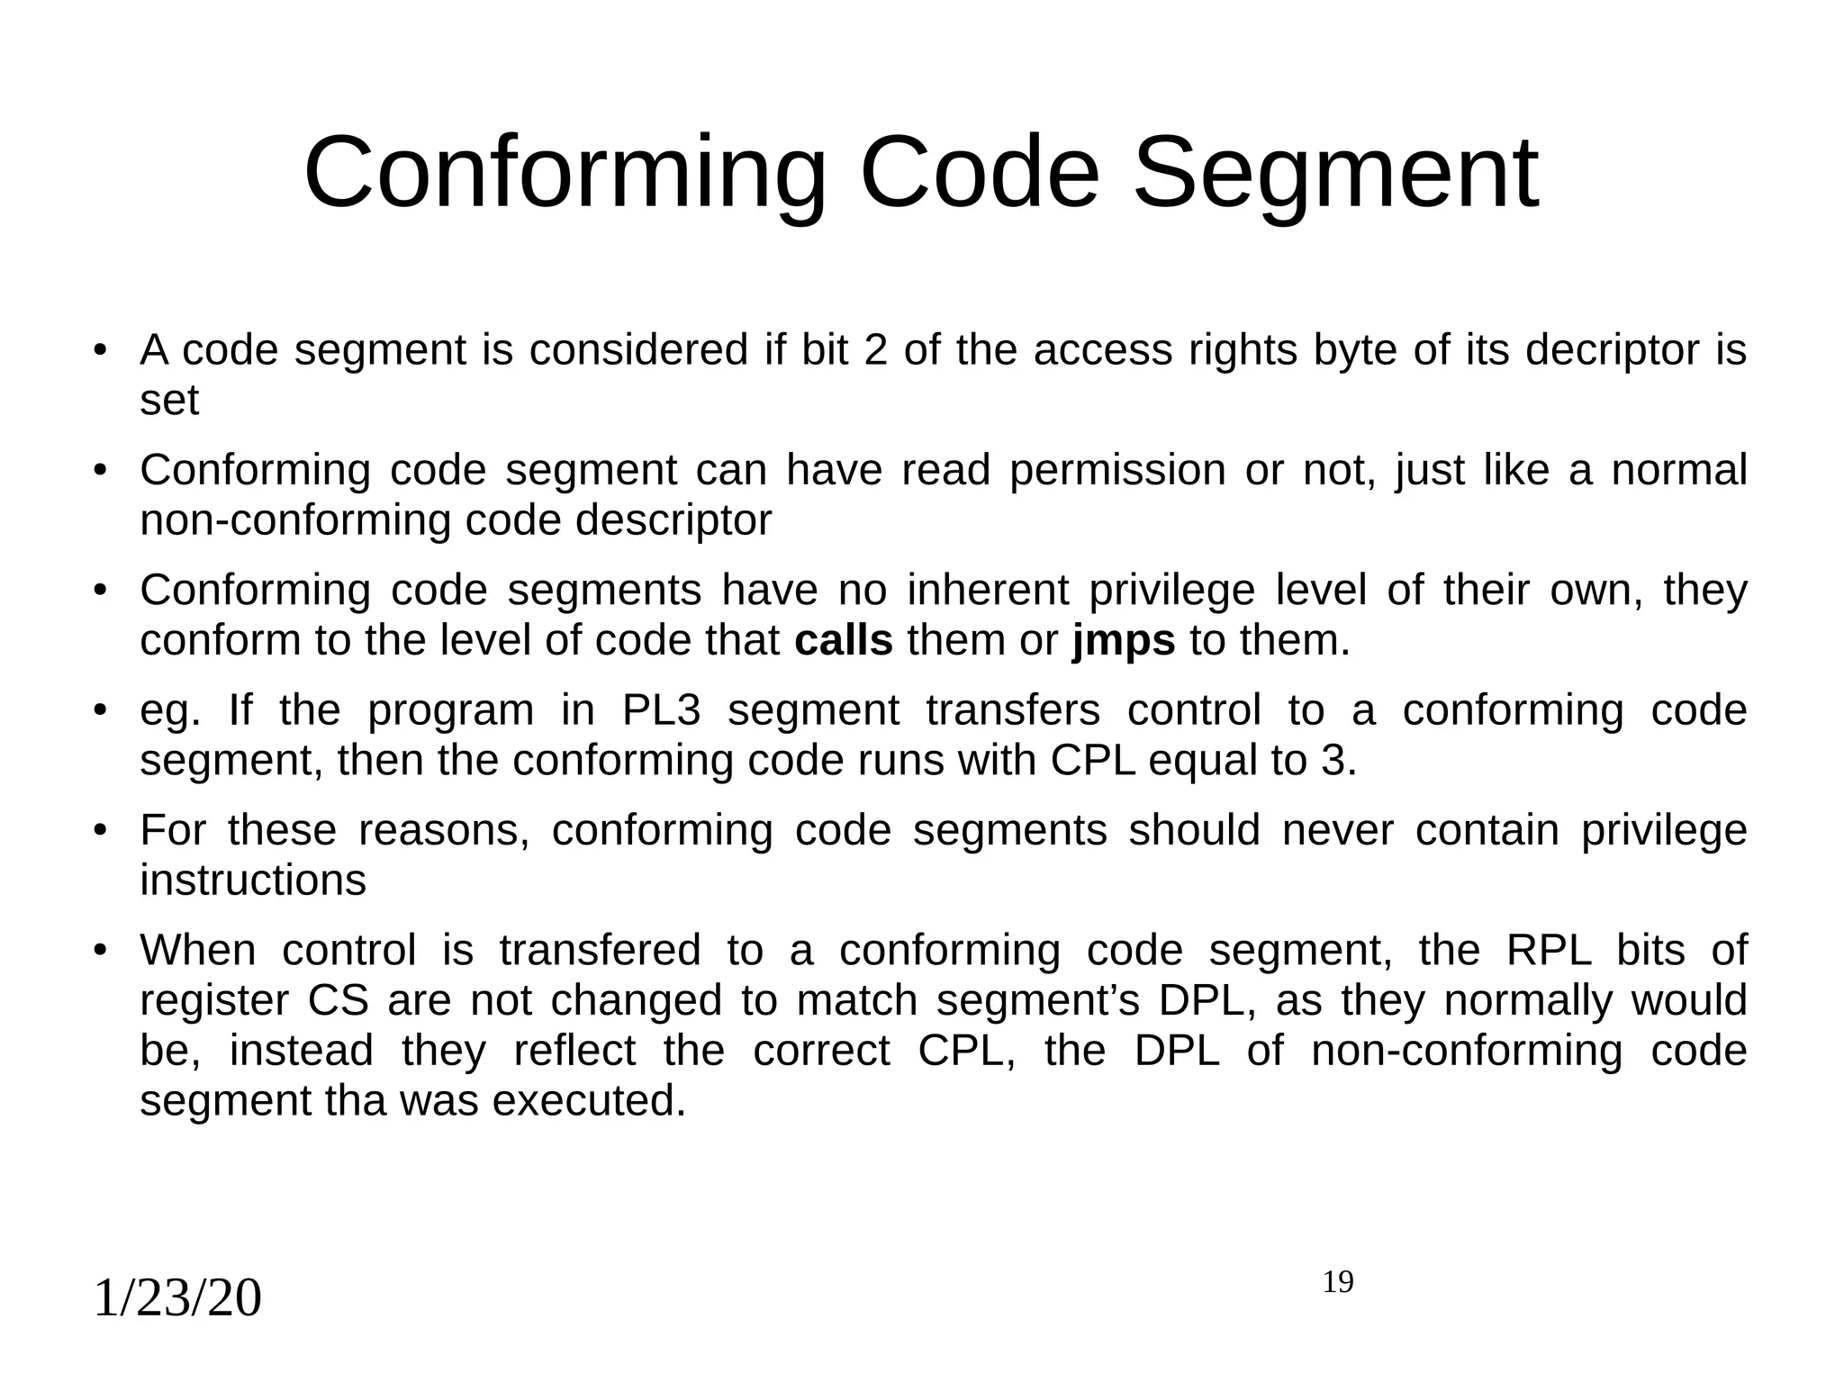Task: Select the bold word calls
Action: (844, 641)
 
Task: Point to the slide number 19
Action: (1338, 1282)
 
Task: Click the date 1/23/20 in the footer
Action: (177, 1298)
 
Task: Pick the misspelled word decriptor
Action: (1607, 350)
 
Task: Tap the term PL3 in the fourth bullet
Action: (662, 710)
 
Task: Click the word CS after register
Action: (339, 1001)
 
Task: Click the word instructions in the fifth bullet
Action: (253, 881)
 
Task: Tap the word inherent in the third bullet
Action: (988, 591)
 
